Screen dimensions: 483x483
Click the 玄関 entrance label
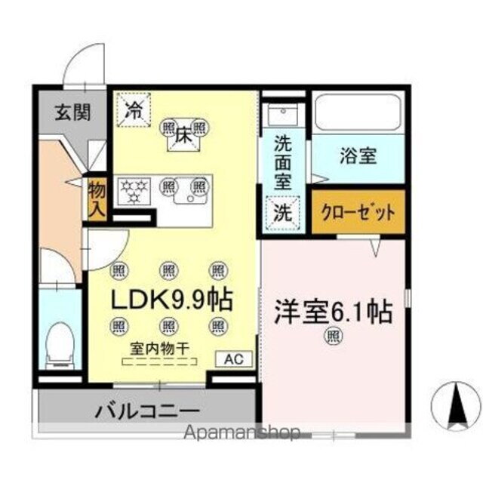[72, 113]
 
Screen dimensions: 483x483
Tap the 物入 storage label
[97, 198]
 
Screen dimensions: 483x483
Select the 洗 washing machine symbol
[282, 212]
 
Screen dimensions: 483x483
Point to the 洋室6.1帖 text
[333, 311]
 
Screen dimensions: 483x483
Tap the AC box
[234, 359]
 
